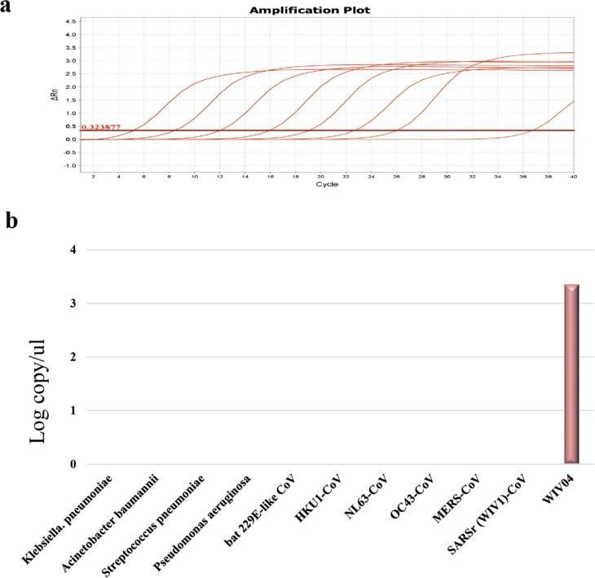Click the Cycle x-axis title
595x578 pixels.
coord(327,184)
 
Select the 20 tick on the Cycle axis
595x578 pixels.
coord(320,176)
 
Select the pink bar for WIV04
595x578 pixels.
coord(571,374)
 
